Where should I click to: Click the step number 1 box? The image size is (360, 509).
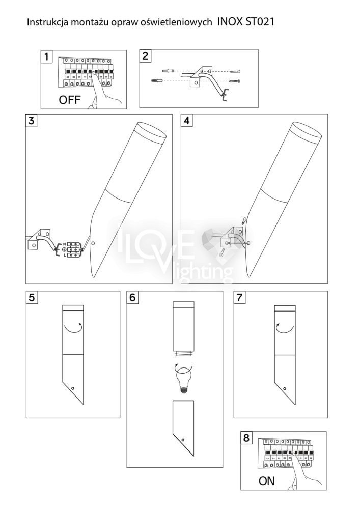[47, 56]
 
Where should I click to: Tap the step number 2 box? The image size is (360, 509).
[145, 56]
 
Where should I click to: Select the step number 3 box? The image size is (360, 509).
[32, 121]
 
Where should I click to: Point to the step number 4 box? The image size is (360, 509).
[187, 121]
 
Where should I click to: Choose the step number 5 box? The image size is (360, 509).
[32, 297]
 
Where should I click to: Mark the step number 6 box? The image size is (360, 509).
[133, 297]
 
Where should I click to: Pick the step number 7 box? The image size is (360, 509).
[239, 297]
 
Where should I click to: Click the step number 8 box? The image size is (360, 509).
[246, 438]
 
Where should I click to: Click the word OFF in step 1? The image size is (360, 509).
[69, 100]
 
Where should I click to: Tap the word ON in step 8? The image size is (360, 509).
[266, 481]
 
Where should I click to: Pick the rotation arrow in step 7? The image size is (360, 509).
[285, 328]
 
